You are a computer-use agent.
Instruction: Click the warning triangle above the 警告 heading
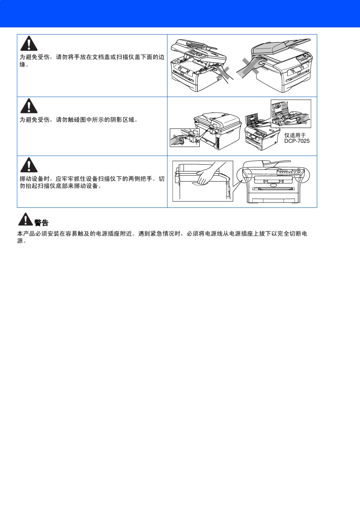[x=25, y=219]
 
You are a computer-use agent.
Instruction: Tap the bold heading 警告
[x=41, y=223]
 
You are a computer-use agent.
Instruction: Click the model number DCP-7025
[x=297, y=141]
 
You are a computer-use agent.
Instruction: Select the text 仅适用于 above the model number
[x=295, y=135]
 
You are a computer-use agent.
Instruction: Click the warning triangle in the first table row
[x=29, y=44]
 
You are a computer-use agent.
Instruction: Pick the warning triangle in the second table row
[x=29, y=106]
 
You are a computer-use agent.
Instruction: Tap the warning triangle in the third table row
[x=29, y=165]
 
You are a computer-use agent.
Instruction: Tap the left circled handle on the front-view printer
[x=244, y=175]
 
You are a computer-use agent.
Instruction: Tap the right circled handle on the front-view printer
[x=302, y=175]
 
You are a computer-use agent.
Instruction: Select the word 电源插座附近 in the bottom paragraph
[x=114, y=234]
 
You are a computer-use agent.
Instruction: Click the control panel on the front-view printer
[x=290, y=173]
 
